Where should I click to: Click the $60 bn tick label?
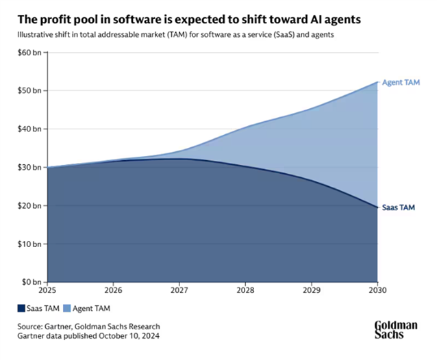(29, 52)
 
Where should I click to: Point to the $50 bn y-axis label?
(29, 90)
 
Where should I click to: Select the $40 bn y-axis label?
(29, 129)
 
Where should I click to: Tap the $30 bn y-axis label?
(29, 167)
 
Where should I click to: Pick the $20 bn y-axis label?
(29, 205)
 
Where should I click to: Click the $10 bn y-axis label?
(29, 244)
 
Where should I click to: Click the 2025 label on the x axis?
(48, 290)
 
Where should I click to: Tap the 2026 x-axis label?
(114, 290)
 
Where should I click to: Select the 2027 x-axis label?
(179, 290)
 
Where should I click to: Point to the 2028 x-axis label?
(245, 290)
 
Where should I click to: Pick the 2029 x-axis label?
(311, 290)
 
